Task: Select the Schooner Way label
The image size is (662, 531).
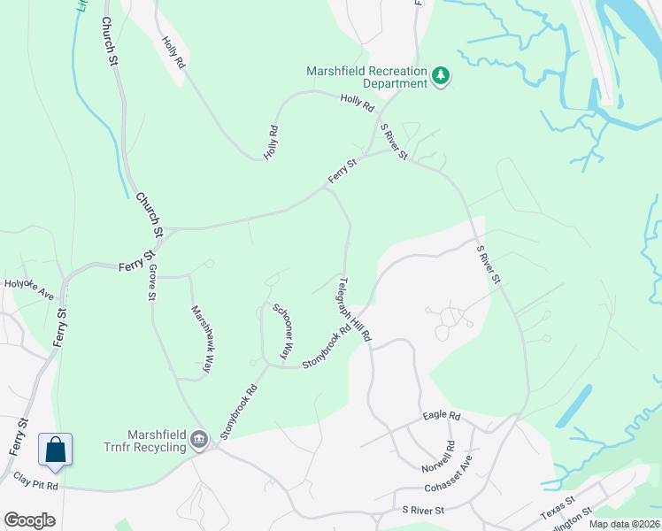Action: [282, 331]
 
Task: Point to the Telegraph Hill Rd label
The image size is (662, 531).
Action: [354, 310]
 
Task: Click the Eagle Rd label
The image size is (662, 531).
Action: [442, 415]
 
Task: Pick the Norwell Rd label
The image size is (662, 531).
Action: [450, 455]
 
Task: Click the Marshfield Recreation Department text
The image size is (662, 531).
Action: [366, 77]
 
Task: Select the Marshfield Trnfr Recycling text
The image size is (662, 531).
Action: [144, 441]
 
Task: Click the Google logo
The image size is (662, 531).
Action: [29, 520]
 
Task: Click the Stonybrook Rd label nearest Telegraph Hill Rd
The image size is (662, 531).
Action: [327, 346]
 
